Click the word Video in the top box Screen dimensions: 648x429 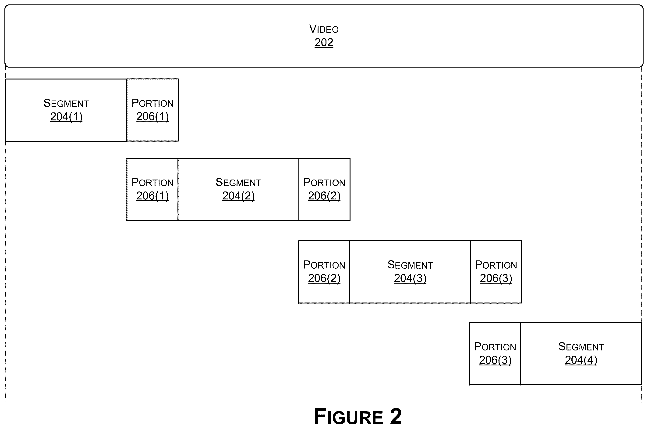click(x=324, y=29)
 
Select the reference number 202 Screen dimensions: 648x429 click(x=324, y=42)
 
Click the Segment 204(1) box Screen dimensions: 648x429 click(x=66, y=110)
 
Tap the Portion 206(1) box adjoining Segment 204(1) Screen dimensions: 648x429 click(x=152, y=110)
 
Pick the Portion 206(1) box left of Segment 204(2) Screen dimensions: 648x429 click(x=152, y=189)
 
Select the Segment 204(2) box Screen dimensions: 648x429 click(x=238, y=189)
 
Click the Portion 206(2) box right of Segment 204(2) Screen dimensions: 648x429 click(x=324, y=189)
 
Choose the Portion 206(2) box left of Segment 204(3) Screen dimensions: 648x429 click(x=324, y=272)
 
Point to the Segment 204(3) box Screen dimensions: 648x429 click(x=410, y=272)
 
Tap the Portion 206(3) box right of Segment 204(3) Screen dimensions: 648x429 click(x=496, y=272)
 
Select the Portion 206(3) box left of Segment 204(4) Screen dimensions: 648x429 click(x=495, y=354)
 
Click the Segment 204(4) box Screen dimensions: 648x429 click(x=581, y=354)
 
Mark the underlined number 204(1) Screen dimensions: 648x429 click(x=66, y=117)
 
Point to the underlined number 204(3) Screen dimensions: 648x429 click(x=410, y=278)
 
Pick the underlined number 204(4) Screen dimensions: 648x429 click(x=581, y=360)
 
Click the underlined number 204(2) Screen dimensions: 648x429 click(x=238, y=196)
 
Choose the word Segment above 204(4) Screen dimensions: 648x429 click(x=581, y=347)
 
